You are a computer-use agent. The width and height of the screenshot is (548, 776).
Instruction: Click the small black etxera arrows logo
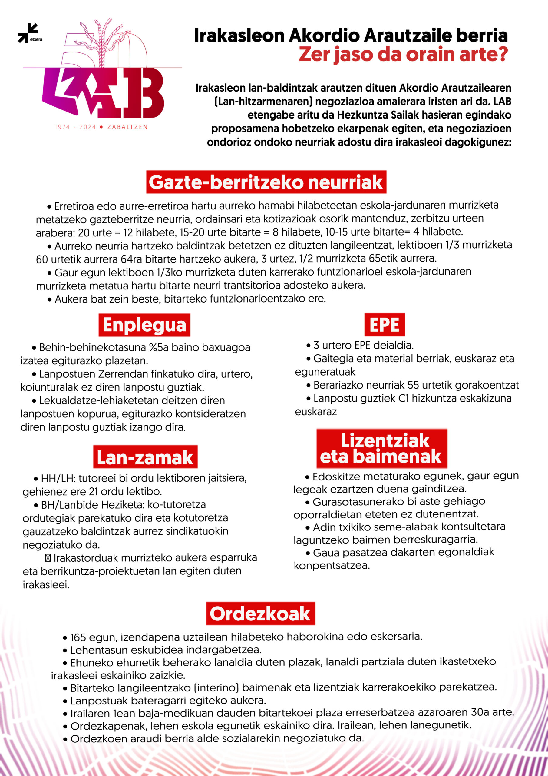[28, 33]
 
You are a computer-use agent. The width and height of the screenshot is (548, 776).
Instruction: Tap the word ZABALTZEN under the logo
[127, 127]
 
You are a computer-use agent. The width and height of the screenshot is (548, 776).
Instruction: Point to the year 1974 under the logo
[62, 127]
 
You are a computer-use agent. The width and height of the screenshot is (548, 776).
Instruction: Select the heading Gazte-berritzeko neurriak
[266, 182]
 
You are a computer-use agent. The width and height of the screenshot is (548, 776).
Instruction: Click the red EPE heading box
[384, 325]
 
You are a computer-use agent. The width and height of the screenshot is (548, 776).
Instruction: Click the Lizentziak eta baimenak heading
[381, 449]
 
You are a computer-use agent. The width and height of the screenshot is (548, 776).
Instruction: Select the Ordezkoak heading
[260, 614]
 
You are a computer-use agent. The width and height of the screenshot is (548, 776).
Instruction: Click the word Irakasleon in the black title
[239, 35]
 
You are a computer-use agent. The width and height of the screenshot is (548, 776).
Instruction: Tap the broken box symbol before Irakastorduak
[48, 558]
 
